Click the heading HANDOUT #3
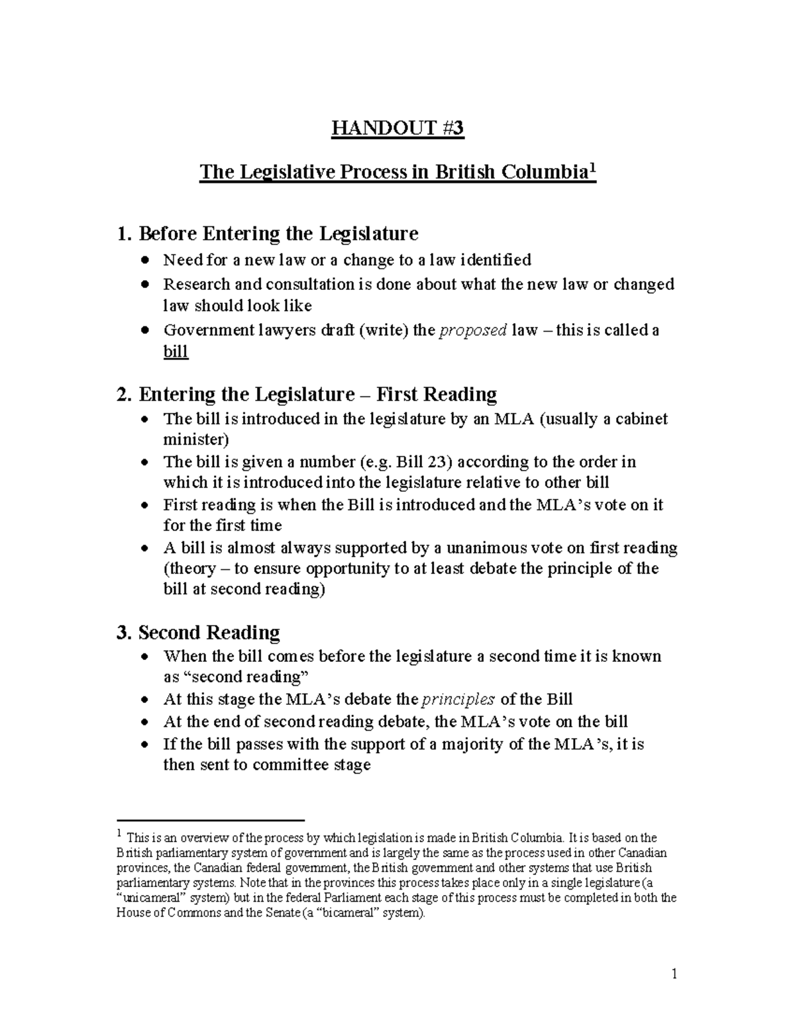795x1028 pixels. (x=397, y=128)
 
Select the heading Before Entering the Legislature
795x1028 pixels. (x=267, y=234)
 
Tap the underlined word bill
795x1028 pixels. (x=176, y=351)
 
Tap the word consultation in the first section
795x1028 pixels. (x=310, y=285)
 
